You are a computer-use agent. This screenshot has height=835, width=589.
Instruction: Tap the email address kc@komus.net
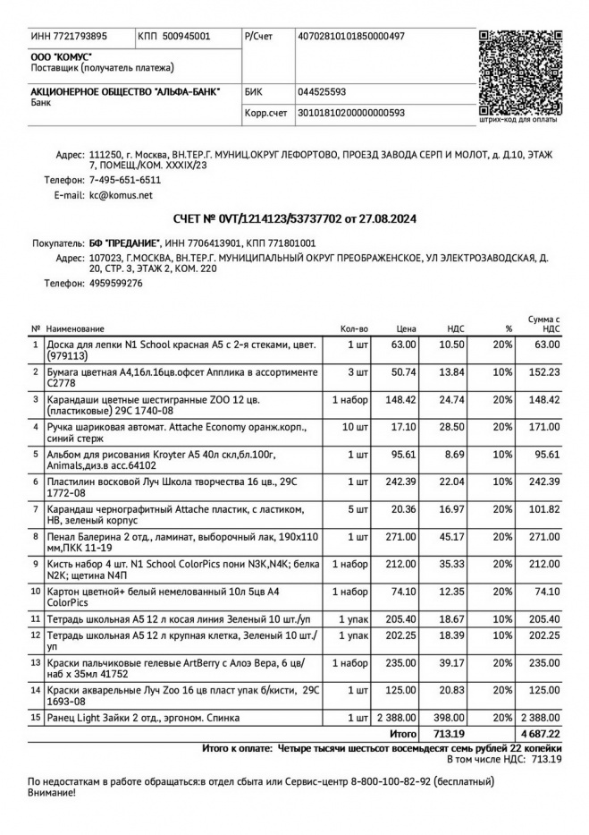tap(121, 194)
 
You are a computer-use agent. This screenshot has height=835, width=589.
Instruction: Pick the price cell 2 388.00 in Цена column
tap(396, 719)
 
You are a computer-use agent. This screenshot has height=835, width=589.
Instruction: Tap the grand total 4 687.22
tap(541, 734)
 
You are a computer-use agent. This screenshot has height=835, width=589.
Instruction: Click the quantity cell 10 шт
tap(352, 429)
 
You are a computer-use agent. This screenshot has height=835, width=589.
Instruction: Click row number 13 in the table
tap(36, 663)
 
